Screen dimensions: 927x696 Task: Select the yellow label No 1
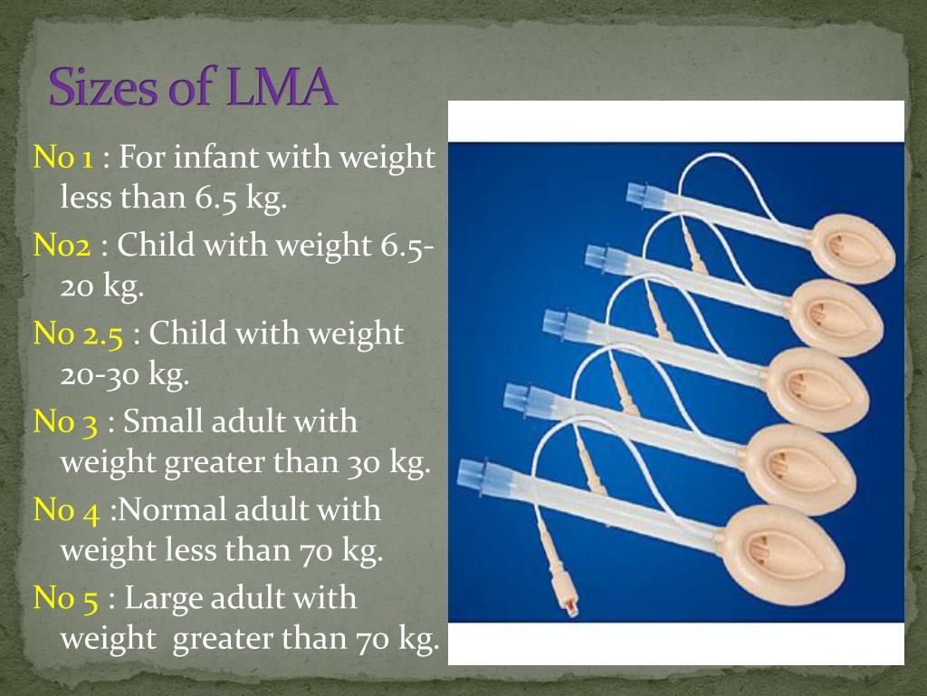63,158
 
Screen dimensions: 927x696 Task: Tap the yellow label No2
62,245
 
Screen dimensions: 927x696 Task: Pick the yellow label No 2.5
78,333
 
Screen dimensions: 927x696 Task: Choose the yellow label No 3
65,422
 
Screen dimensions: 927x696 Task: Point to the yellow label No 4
66,510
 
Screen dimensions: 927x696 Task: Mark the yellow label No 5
65,598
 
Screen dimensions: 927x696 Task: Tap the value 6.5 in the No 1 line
215,198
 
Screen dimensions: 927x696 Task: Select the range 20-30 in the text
100,374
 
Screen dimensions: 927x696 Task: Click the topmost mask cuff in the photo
853,248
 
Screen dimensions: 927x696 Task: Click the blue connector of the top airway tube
645,196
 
